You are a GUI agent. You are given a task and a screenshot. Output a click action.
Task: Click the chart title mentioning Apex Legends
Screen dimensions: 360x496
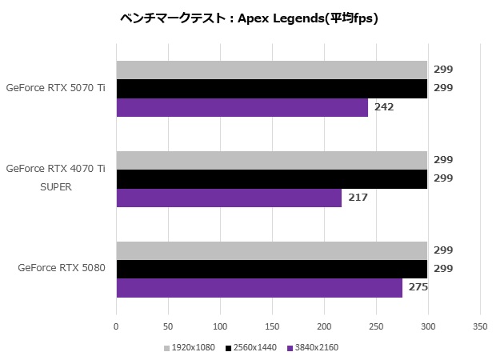[248, 18]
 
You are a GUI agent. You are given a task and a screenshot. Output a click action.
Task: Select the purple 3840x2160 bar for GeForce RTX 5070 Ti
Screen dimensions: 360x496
[242, 107]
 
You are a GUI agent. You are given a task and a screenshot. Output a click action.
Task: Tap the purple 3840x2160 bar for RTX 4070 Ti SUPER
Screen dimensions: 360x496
[229, 198]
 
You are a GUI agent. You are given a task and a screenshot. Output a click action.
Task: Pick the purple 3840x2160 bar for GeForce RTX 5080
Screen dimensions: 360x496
[259, 288]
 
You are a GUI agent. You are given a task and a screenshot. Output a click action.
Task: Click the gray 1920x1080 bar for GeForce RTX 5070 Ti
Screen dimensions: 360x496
[271, 70]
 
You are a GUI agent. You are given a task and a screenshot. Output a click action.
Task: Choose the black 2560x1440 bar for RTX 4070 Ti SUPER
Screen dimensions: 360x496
[271, 179]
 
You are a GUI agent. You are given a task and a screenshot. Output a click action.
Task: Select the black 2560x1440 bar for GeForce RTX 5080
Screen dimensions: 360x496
[271, 270]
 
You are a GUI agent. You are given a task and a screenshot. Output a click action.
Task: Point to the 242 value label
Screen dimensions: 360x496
[384, 107]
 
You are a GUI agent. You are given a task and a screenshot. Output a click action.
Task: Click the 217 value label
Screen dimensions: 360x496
[358, 198]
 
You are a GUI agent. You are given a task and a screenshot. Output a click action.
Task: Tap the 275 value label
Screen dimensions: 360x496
[418, 288]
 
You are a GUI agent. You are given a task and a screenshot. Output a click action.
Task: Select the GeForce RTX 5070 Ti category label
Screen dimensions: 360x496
[55, 88]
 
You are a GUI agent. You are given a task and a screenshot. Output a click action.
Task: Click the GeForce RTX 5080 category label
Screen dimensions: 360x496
[62, 269]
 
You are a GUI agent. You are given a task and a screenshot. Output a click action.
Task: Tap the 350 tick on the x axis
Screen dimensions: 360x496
[479, 327]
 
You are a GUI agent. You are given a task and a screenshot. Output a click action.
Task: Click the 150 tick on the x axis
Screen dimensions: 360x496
[271, 327]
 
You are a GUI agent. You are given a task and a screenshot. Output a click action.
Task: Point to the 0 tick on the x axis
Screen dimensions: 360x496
[116, 327]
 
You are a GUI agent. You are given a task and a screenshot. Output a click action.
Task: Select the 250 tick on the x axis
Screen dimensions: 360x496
[375, 327]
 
